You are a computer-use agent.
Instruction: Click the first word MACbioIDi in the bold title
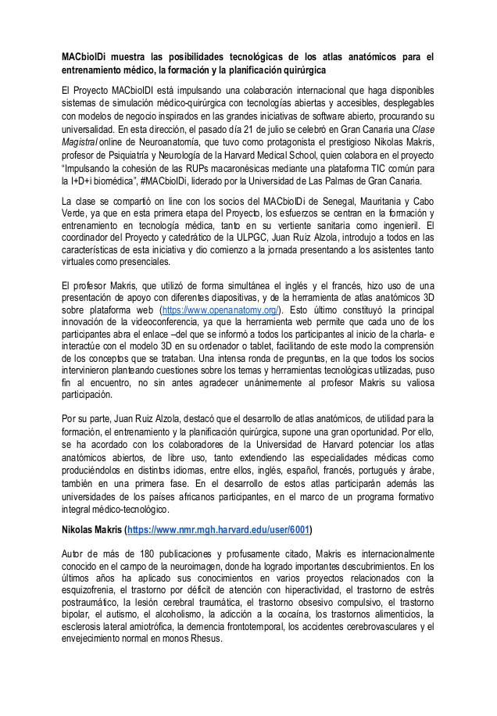pos(88,57)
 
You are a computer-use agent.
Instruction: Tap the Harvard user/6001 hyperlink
pos(220,529)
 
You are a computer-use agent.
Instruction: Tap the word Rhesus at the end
pos(205,637)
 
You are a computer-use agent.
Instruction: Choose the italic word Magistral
pos(80,142)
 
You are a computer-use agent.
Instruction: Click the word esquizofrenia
pos(89,590)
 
